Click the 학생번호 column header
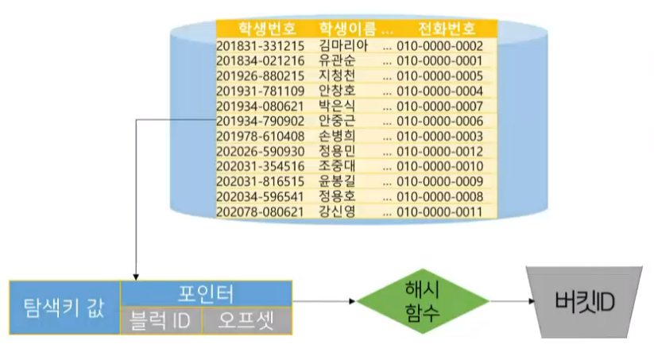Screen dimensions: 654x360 point(256,29)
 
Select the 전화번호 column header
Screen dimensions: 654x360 point(447,29)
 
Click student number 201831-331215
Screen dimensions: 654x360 point(260,45)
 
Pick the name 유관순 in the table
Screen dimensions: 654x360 point(337,60)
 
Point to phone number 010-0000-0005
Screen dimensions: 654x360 point(439,75)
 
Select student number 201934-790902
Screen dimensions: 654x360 point(260,121)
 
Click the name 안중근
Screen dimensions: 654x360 point(337,121)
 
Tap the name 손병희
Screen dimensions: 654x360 point(337,136)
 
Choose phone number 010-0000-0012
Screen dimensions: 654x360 point(439,151)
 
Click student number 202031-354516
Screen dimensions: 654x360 point(260,166)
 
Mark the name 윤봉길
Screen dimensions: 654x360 point(337,181)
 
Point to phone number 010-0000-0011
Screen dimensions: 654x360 point(439,211)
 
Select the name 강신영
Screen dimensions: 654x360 point(337,211)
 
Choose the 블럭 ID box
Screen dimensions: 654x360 point(161,321)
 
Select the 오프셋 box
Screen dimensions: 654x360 point(248,321)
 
